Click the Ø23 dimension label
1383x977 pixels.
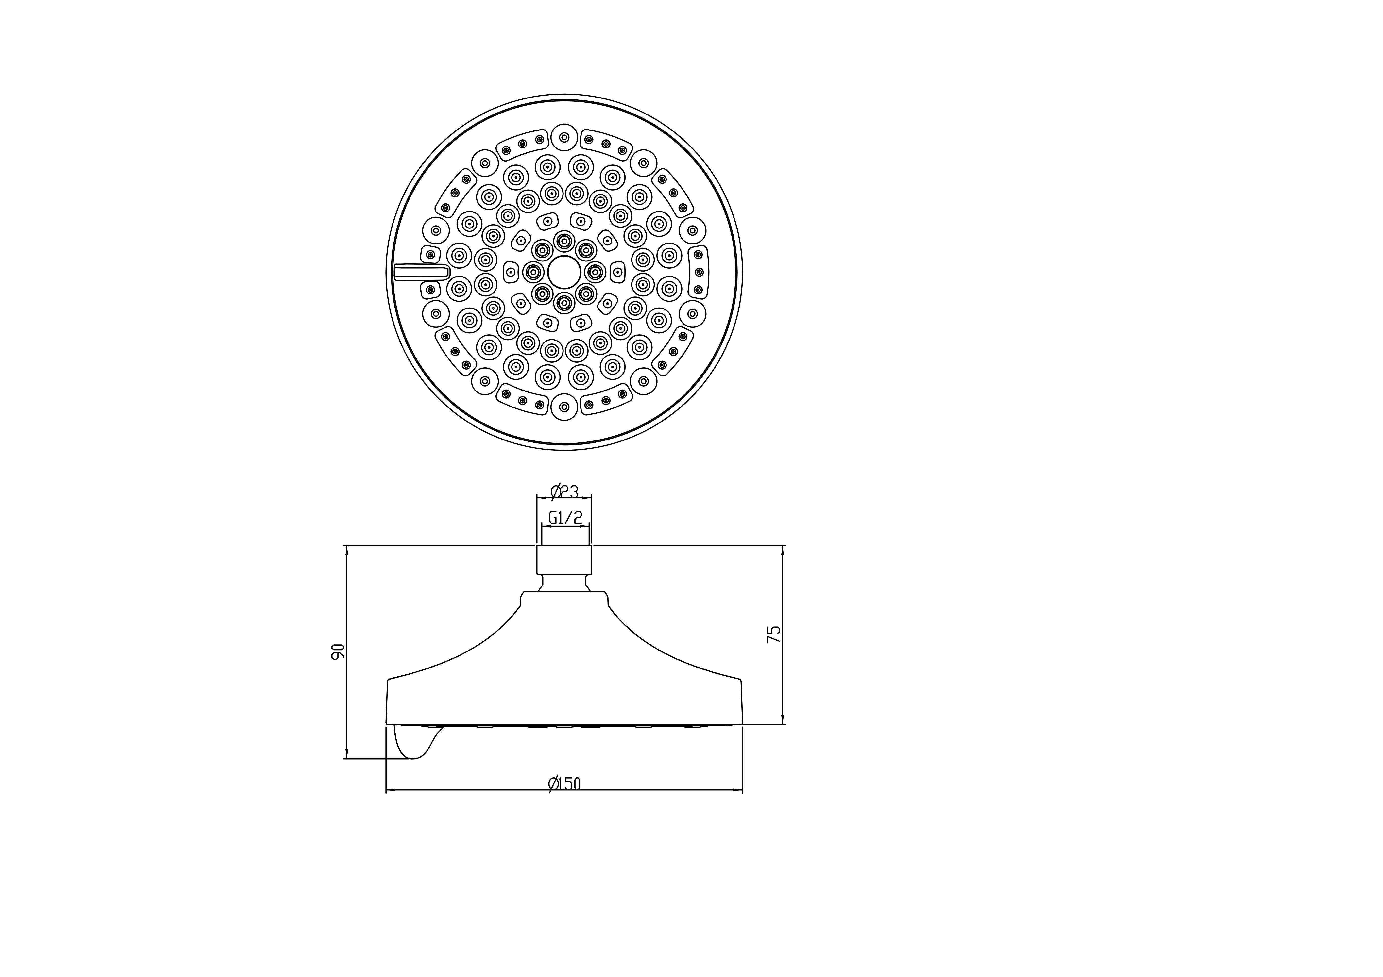(564, 492)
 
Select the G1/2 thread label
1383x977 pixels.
(565, 517)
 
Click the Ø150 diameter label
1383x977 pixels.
(564, 784)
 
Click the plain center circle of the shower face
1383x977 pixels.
(564, 272)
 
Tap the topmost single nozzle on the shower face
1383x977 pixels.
(564, 137)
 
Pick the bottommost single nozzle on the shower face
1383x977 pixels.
(564, 407)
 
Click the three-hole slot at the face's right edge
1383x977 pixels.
(698, 272)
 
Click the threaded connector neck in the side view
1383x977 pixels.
(564, 560)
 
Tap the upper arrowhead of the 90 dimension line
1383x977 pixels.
(346, 549)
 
